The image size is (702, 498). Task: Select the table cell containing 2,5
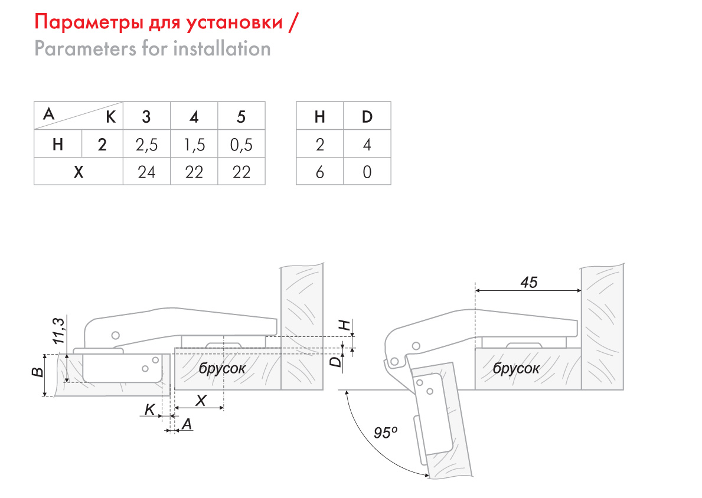click(146, 145)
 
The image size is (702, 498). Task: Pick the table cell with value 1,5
click(194, 145)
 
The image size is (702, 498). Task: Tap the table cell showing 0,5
click(241, 145)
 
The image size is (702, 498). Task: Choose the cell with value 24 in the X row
click(146, 172)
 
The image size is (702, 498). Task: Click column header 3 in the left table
click(146, 117)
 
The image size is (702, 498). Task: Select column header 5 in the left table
click(241, 117)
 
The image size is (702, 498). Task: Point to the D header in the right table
click(367, 117)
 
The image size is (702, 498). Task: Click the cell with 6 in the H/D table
click(320, 172)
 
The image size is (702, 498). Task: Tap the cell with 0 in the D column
click(367, 172)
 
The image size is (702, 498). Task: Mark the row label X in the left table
click(78, 172)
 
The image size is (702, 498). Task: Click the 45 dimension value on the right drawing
click(528, 282)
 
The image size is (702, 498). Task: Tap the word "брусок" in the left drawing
click(222, 368)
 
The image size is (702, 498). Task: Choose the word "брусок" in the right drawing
click(516, 368)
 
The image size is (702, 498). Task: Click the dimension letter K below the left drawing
click(150, 408)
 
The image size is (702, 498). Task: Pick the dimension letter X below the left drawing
click(201, 400)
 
